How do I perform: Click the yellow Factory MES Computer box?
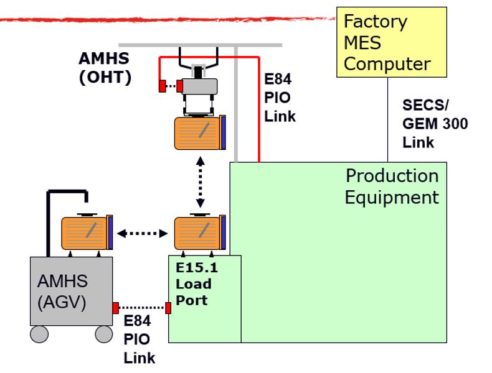pos(391,42)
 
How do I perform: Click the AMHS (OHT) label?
pos(105,68)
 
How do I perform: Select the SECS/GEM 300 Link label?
pos(434,123)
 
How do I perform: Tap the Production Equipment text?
pos(392,186)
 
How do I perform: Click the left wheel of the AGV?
pos(39,334)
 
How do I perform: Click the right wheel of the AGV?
pos(103,334)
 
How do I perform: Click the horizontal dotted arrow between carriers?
pos(143,234)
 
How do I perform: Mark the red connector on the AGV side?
pos(116,308)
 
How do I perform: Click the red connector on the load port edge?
pos(168,308)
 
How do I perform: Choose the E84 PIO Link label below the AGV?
pos(138,339)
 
